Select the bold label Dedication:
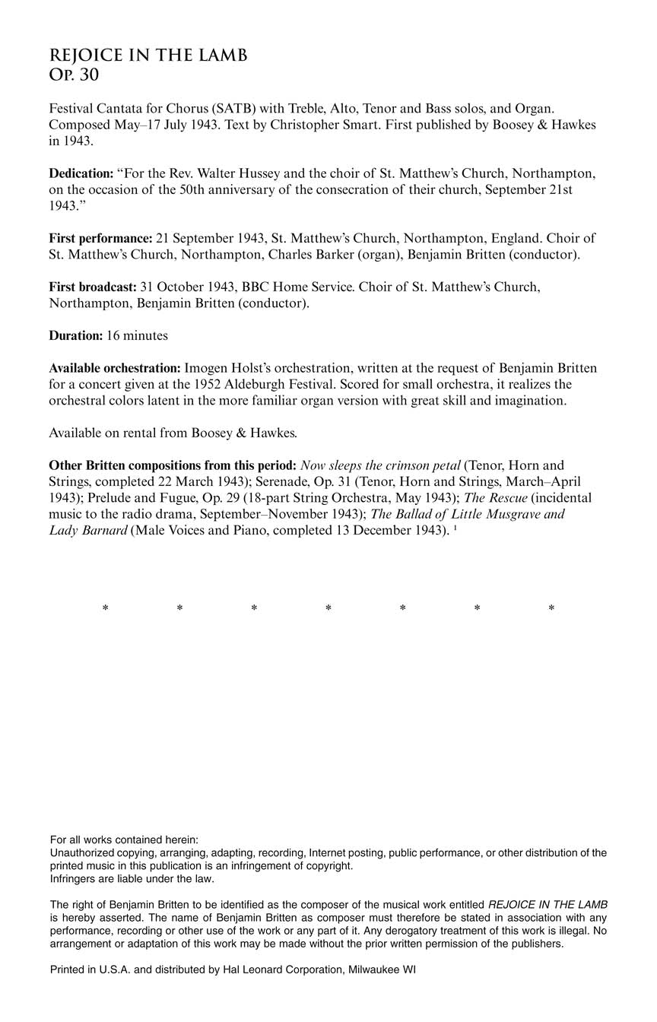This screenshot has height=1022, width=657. (81, 173)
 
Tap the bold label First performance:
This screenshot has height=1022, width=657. (100, 239)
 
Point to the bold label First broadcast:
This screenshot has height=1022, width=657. (93, 287)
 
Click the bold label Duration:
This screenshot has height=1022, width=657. (75, 335)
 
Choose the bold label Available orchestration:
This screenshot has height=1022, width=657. (115, 368)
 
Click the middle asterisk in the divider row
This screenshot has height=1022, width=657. (328, 608)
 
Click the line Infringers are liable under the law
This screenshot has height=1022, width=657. (132, 879)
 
